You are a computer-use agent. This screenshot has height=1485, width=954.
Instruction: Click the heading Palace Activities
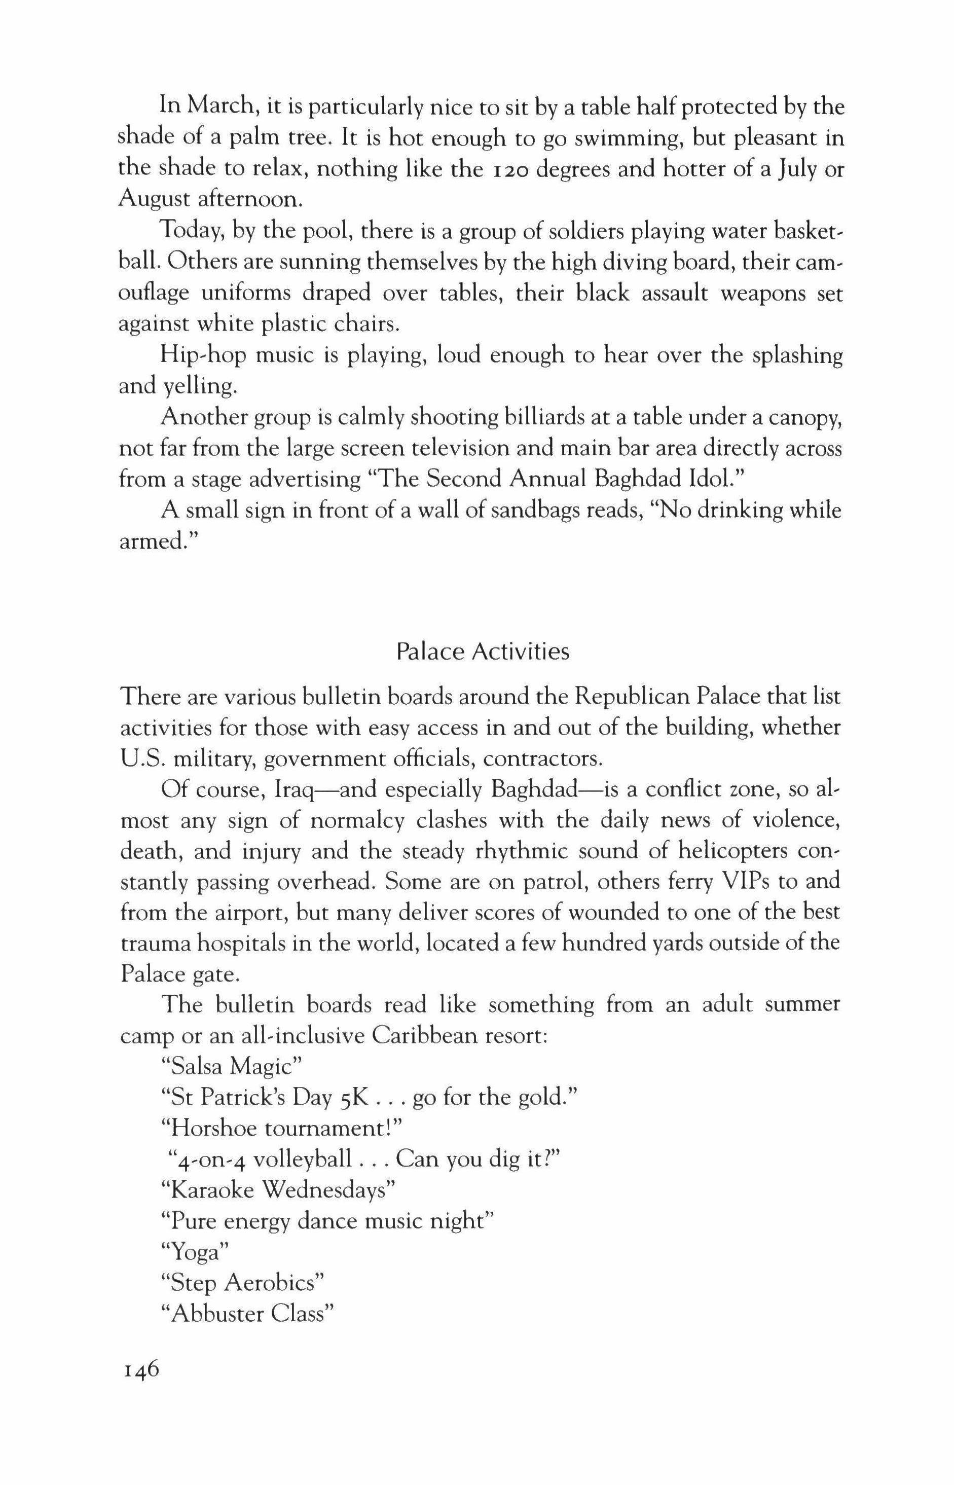tap(483, 651)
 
